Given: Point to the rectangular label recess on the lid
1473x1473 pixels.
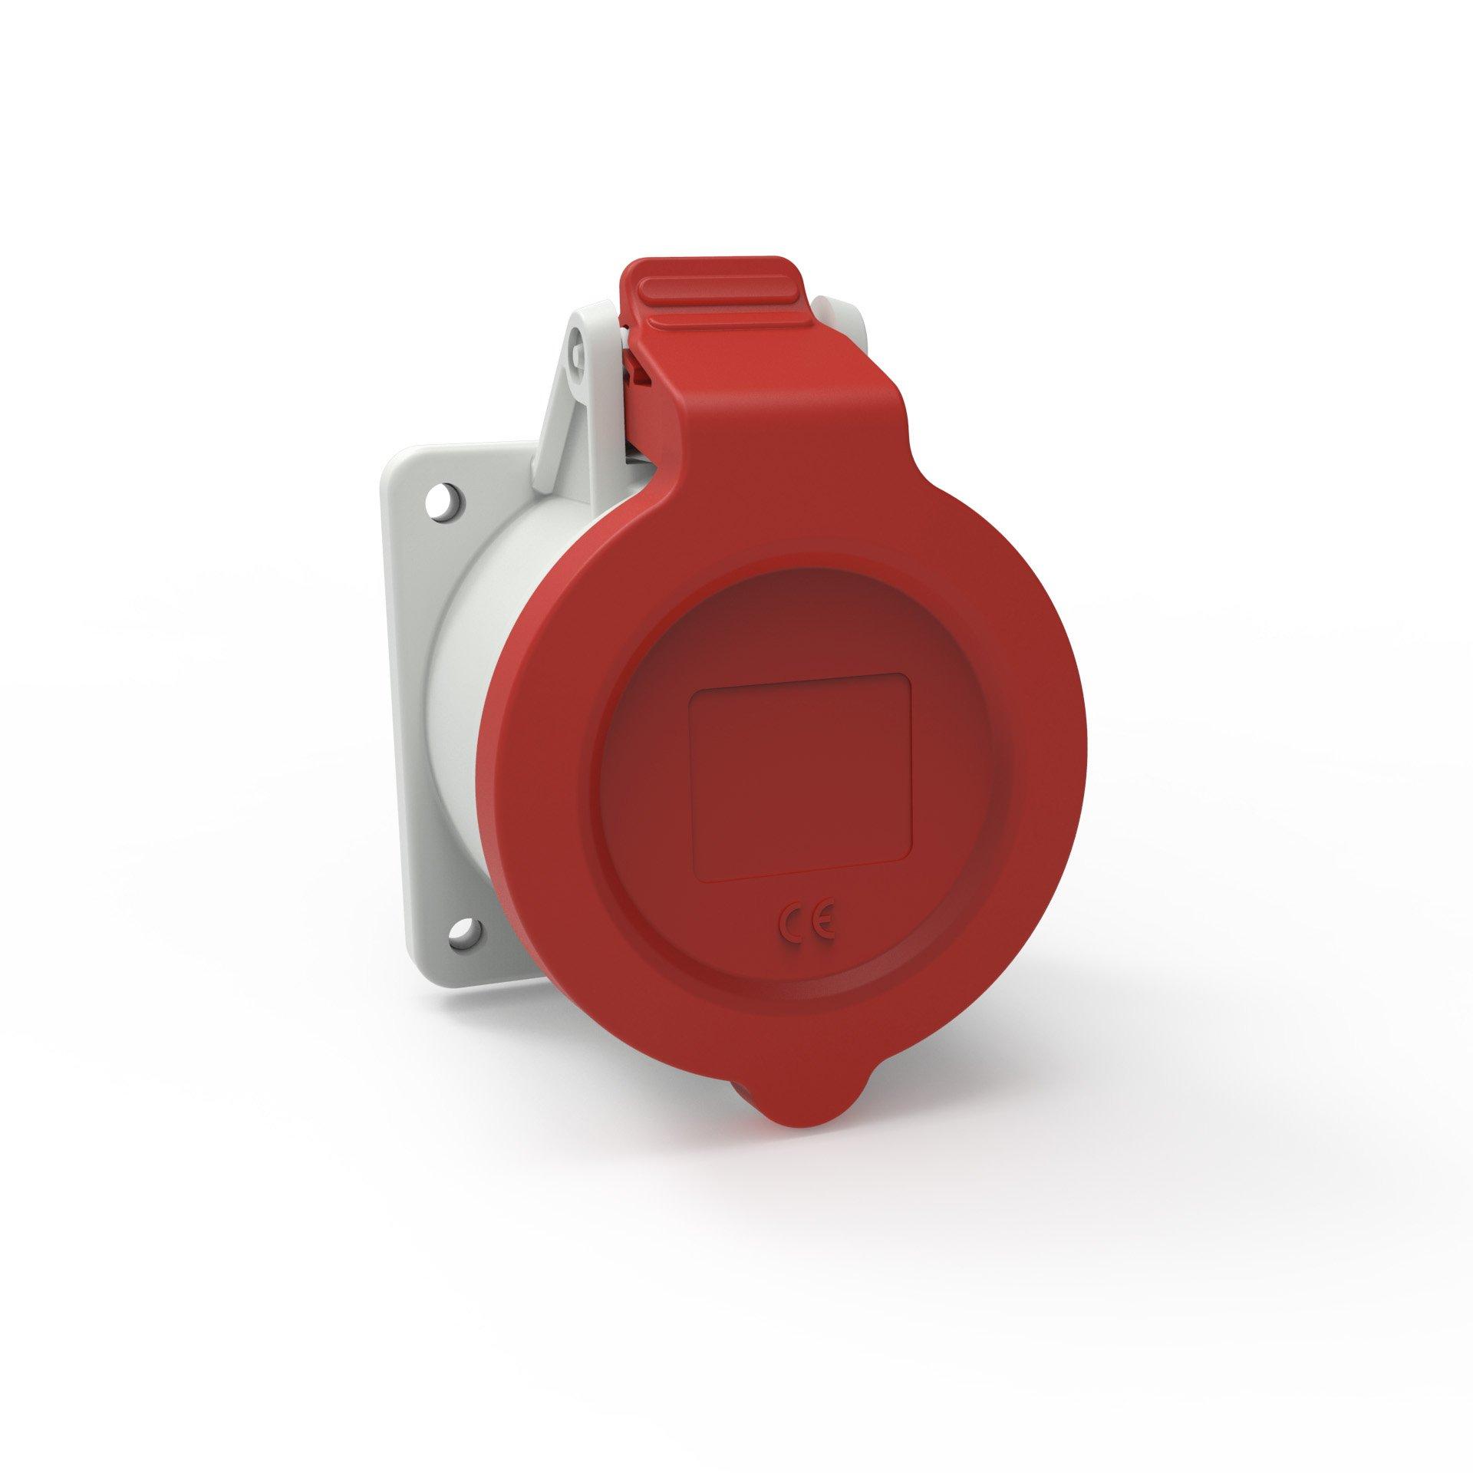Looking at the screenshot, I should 801,776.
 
